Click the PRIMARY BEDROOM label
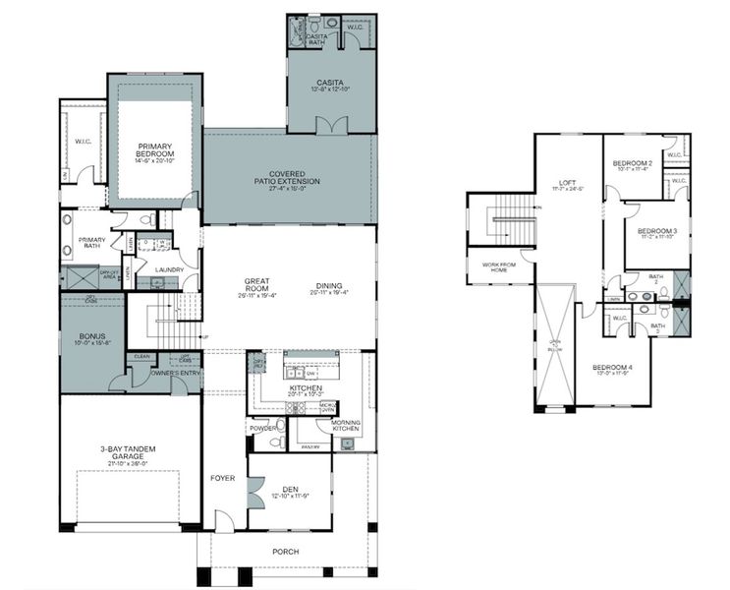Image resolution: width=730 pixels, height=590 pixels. (x=155, y=150)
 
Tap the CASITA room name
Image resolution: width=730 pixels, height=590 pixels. (x=329, y=83)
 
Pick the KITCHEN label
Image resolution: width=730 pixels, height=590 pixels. (x=306, y=388)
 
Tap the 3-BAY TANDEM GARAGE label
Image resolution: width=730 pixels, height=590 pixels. (x=128, y=453)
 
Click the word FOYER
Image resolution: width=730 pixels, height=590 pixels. (x=223, y=479)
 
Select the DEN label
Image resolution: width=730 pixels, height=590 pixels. (x=290, y=489)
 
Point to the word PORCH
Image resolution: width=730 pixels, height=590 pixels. (x=286, y=552)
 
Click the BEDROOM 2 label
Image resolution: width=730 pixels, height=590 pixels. (x=632, y=163)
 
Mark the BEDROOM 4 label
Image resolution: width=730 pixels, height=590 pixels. (x=611, y=368)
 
